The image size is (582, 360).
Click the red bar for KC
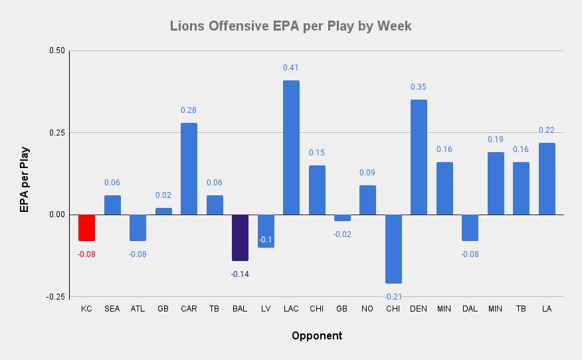click(86, 227)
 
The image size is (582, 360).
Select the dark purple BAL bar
click(240, 237)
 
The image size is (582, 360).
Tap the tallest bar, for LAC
click(291, 147)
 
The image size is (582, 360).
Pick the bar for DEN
click(419, 157)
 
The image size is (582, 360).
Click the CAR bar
click(189, 169)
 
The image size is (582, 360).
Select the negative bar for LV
click(266, 230)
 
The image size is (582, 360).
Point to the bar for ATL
click(138, 227)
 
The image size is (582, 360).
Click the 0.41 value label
click(291, 68)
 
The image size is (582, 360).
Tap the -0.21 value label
click(393, 296)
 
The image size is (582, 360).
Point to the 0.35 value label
click(419, 87)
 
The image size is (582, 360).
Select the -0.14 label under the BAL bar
click(240, 274)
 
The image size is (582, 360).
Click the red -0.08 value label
click(86, 254)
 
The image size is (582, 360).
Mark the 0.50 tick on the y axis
click(57, 50)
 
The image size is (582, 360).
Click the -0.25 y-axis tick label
click(56, 297)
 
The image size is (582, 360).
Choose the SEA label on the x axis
click(112, 309)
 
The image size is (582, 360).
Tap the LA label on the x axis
click(547, 309)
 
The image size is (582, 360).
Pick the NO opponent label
click(367, 309)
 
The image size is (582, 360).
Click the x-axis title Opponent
click(317, 335)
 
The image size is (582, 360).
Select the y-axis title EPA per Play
click(24, 179)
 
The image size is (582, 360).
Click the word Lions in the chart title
click(187, 26)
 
